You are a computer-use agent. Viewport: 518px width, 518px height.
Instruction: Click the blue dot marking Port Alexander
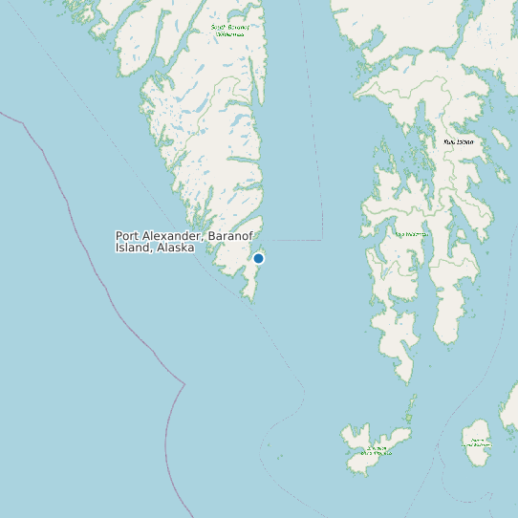258,258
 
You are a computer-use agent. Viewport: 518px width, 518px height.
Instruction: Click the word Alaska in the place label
177,248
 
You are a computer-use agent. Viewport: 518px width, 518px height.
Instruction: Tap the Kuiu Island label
459,141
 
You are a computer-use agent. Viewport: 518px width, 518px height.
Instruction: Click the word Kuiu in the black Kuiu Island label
450,141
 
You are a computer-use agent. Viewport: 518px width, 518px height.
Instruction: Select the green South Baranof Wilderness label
229,31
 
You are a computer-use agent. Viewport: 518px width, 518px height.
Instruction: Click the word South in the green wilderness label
219,27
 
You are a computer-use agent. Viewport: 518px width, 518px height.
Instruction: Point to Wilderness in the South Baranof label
229,34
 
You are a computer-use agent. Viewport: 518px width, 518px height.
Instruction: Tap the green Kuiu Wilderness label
412,233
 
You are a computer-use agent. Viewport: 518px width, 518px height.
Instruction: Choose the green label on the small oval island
477,442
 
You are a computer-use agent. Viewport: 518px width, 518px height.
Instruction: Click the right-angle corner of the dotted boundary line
321,236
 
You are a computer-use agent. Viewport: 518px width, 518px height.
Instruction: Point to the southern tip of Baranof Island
252,300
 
